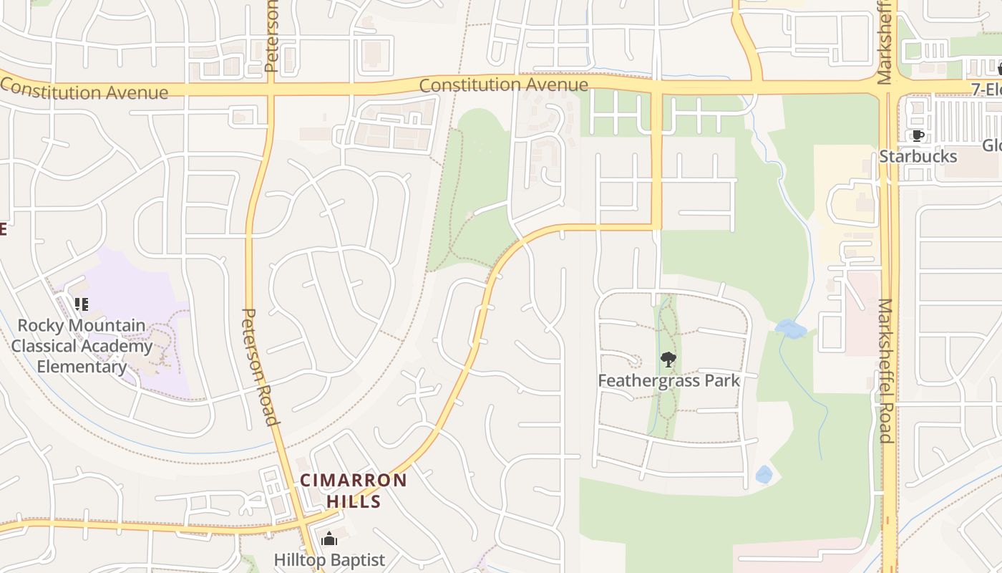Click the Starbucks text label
pos(918,156)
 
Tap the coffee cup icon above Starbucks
pos(918,135)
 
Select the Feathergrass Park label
pos(668,380)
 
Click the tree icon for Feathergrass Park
pos(668,360)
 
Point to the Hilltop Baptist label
pos(329,559)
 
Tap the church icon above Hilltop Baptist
pos(329,539)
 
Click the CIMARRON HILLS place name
pos(354,491)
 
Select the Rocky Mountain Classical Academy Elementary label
pos(82,346)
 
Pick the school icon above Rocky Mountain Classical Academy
pos(82,305)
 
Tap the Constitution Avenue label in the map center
pos(503,85)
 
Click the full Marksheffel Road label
pos(885,371)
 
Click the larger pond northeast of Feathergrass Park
pos(791,329)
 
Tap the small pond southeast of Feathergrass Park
pos(764,474)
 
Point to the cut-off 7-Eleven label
pos(986,90)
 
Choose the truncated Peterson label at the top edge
pos(271,36)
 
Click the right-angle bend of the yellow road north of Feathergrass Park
pos(656,227)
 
